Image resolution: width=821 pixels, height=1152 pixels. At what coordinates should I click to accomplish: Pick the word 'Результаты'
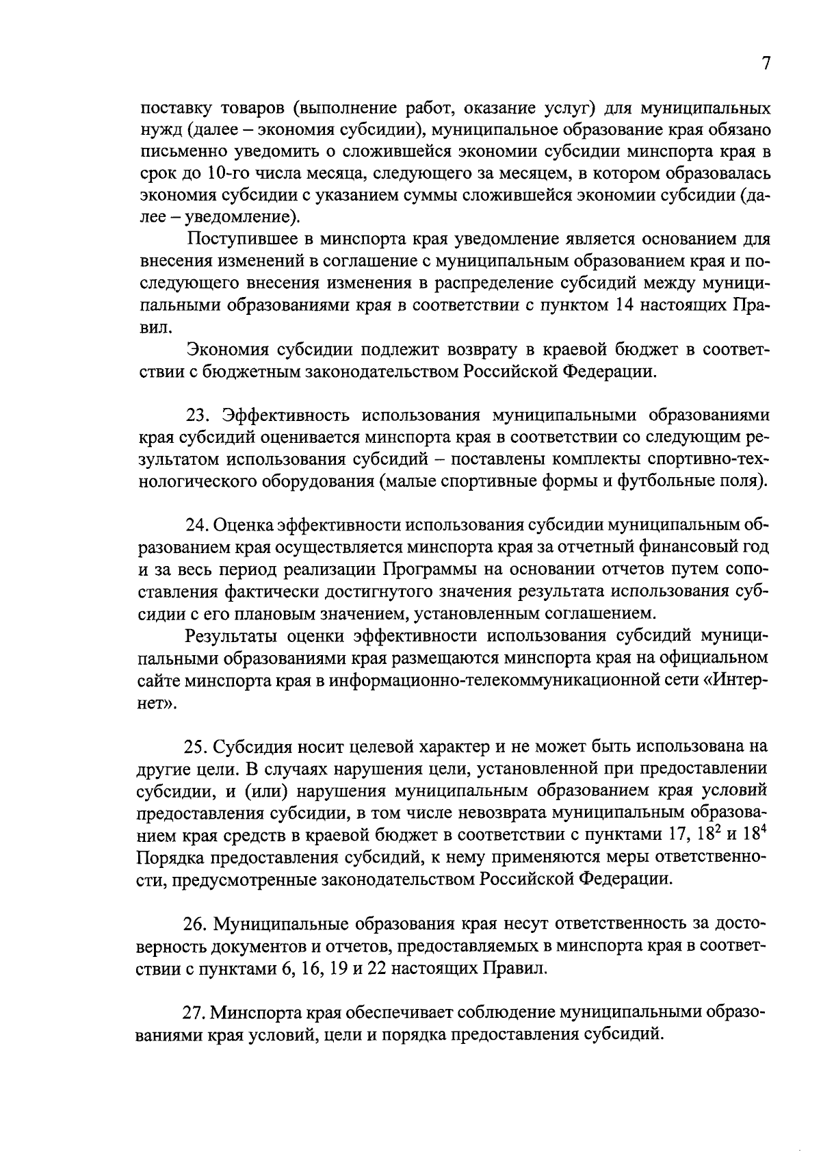pos(234,635)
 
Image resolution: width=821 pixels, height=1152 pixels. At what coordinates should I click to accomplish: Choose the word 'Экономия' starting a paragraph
pos(228,350)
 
